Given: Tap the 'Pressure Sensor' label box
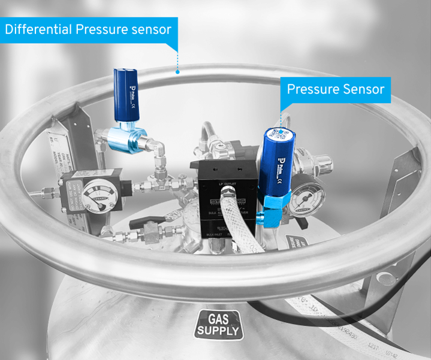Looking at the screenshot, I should (335, 89).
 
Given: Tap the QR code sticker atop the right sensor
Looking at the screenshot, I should (279, 134).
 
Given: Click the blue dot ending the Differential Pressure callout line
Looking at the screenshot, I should (177, 71).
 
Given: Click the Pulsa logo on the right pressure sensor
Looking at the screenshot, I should (281, 164).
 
